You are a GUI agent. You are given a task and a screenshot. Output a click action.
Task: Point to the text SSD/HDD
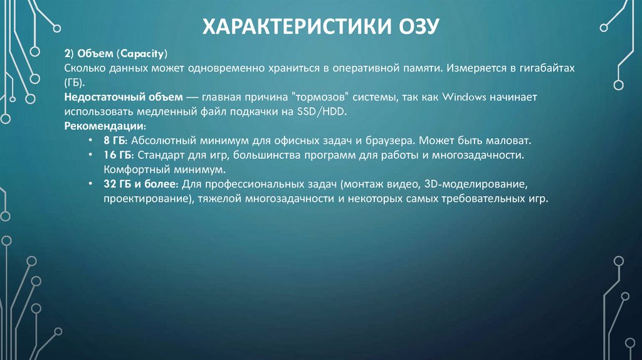pos(339,112)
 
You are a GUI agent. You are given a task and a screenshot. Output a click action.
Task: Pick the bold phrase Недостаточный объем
pos(124,98)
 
